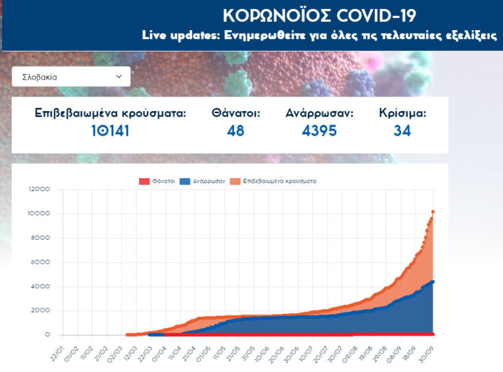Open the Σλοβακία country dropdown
pos(71,77)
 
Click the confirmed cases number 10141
pos(110,130)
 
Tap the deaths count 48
pos(236,130)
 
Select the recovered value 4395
pos(319,130)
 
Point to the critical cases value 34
pos(402,130)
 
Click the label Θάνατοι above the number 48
pos(236,113)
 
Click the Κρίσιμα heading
pos(402,113)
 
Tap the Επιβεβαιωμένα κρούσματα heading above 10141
pos(110,113)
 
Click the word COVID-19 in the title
pos(377,15)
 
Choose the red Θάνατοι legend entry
pos(157,181)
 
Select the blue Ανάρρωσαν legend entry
pos(209,181)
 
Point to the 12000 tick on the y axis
pos(38,190)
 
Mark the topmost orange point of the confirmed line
pos(433,212)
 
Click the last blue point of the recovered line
pos(433,282)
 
